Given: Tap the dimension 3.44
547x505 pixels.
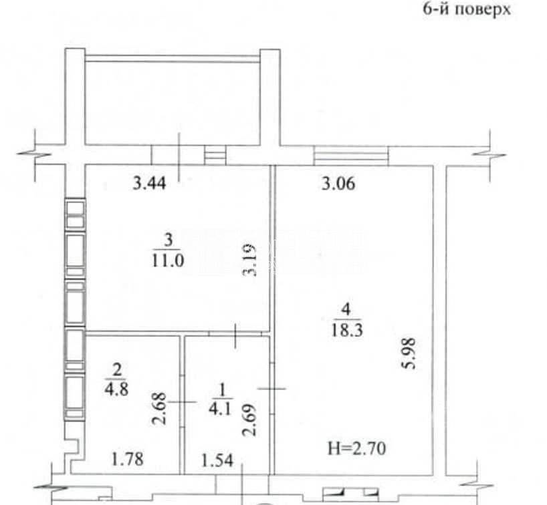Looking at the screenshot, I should coord(148,184).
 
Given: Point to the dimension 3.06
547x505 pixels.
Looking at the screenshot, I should coord(338,184).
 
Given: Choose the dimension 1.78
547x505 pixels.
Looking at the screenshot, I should coord(127,460).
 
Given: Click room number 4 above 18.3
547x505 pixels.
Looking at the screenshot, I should coord(346,310).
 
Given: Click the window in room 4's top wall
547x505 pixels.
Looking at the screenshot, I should coord(351,156).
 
